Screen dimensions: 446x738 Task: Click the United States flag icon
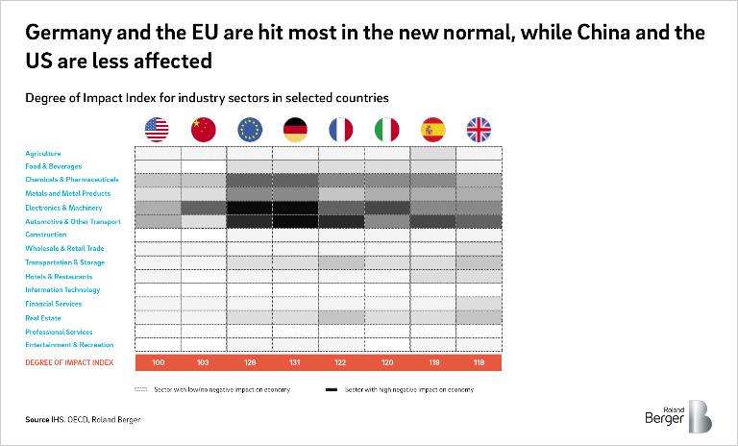tap(157, 129)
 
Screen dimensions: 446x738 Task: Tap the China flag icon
tap(204, 129)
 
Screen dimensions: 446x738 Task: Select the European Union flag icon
tap(250, 129)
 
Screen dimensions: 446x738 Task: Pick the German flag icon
tap(296, 129)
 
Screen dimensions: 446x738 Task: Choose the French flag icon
tap(341, 129)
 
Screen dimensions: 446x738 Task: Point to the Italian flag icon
tap(387, 129)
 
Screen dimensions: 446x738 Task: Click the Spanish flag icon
tap(433, 129)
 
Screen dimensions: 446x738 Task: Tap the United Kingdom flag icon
tap(479, 129)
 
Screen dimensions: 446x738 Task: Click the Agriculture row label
tap(43, 153)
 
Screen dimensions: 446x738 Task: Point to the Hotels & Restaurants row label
tap(59, 276)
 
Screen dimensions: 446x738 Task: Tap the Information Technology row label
tap(62, 289)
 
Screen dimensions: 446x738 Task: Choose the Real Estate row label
tap(44, 317)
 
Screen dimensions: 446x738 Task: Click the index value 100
tap(158, 363)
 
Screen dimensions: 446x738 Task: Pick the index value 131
tap(296, 363)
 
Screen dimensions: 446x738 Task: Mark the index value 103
tap(204, 363)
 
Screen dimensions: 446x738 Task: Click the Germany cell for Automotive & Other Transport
tap(296, 221)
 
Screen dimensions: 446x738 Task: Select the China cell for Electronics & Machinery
tap(204, 208)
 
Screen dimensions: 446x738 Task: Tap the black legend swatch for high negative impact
tap(331, 390)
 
